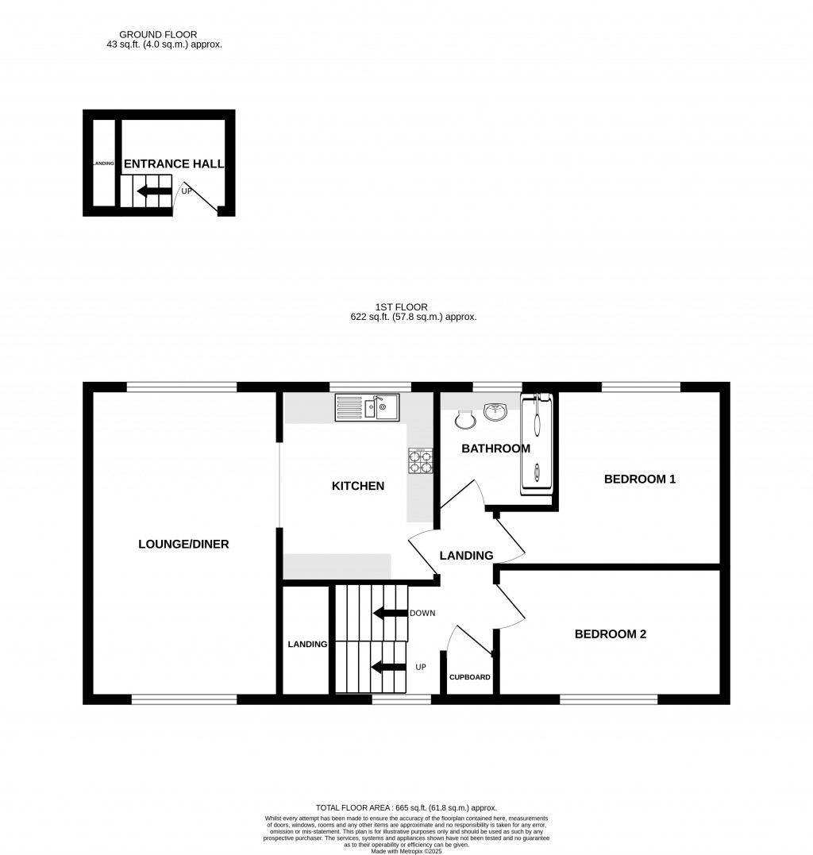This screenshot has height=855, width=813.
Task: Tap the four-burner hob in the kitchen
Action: (421, 461)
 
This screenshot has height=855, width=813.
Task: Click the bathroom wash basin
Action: (497, 411)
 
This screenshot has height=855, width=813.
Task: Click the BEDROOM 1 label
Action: (639, 479)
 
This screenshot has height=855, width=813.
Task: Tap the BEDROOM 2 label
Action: (610, 634)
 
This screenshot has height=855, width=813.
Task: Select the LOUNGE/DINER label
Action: (183, 544)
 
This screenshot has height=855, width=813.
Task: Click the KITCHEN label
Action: (357, 486)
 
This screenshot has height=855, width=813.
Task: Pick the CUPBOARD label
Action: (470, 677)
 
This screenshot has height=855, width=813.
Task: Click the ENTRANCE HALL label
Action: (173, 164)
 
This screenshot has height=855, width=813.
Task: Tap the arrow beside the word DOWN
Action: (389, 613)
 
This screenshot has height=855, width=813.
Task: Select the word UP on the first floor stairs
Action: (421, 667)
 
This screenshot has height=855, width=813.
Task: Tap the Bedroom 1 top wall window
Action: (641, 387)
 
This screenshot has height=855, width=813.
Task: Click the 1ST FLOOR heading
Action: (402, 306)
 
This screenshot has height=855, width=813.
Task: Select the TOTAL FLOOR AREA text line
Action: (406, 807)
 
